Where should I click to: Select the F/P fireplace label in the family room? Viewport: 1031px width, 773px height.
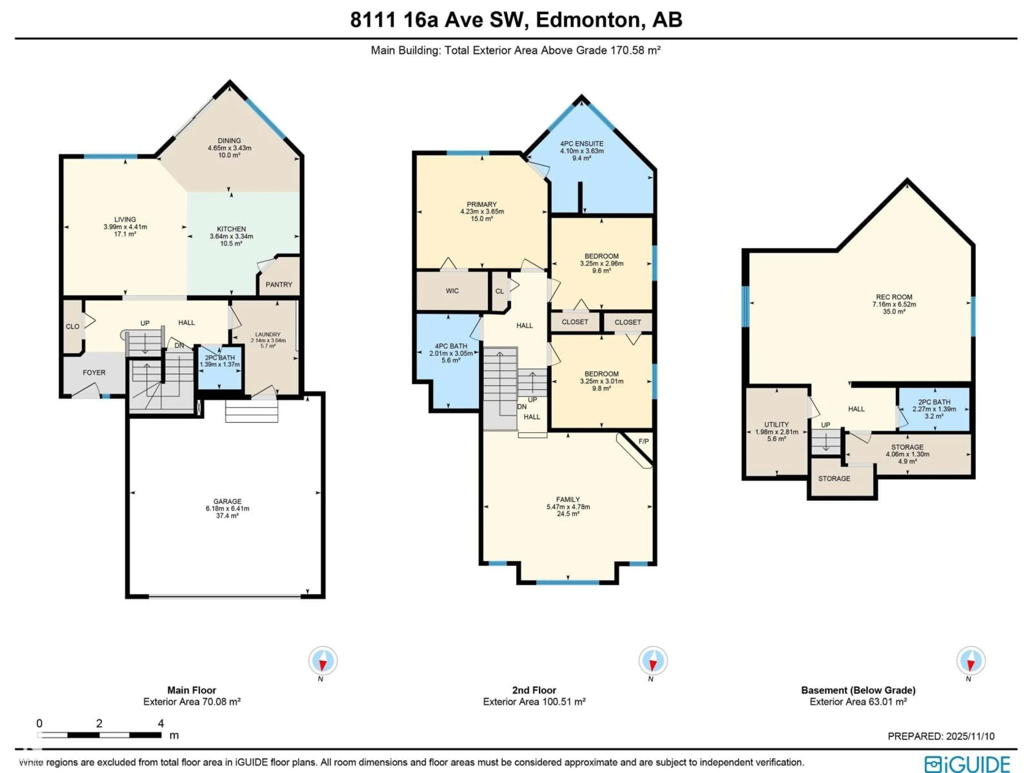point(643,441)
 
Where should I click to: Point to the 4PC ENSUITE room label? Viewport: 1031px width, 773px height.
point(582,144)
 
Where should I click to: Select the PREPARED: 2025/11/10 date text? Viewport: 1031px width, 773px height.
point(941,736)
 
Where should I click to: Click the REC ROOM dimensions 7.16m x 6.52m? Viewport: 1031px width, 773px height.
point(894,304)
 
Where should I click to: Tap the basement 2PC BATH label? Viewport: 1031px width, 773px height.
point(934,402)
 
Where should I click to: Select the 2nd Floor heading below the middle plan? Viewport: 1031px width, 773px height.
point(534,690)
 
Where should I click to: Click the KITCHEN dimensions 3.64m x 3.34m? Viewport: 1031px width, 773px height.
point(231,236)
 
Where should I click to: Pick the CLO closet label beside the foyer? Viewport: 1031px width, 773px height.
point(72,326)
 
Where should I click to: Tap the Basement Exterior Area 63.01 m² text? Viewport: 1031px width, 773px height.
point(858,702)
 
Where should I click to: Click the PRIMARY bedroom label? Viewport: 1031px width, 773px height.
point(481,204)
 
